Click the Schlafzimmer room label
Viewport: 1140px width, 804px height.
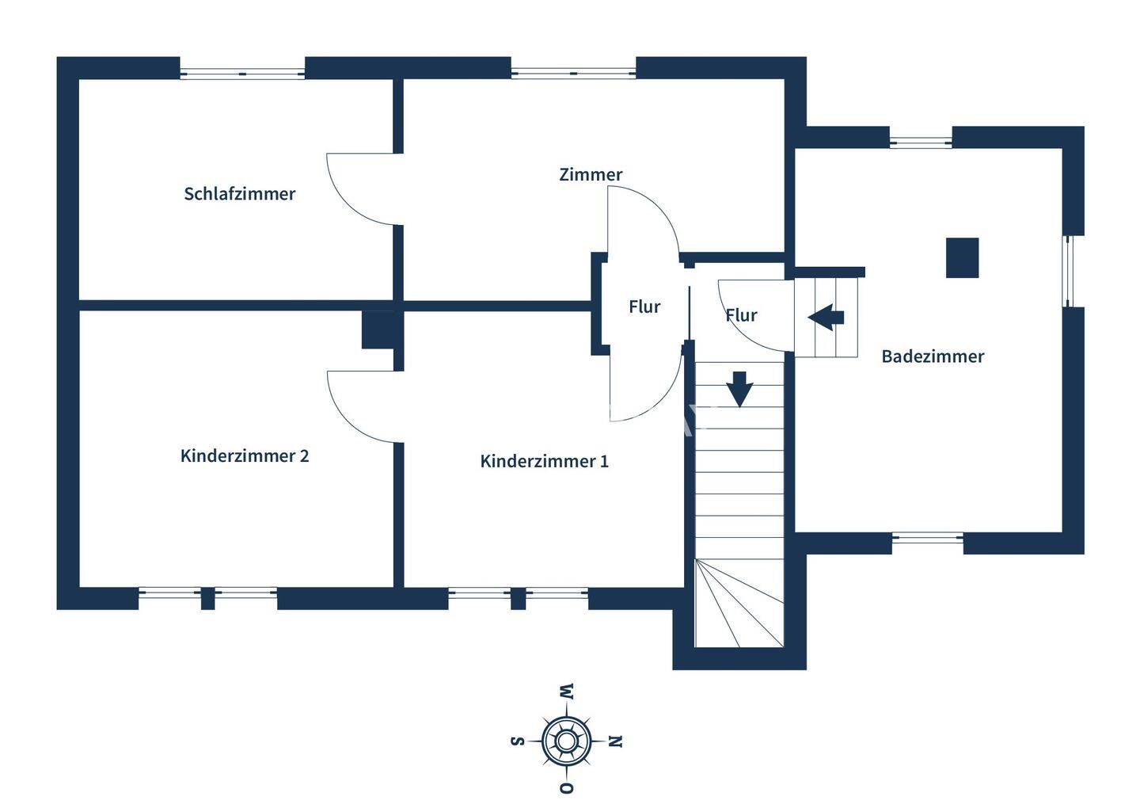239,194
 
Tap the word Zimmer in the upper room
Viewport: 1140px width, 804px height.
591,174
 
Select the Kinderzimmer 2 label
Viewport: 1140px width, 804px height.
245,455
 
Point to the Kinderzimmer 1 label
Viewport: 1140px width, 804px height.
544,461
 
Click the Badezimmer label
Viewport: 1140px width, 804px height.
933,356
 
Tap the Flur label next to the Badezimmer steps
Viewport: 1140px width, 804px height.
741,316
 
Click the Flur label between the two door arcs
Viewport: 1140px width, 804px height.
644,307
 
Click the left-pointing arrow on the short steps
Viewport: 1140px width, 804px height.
826,318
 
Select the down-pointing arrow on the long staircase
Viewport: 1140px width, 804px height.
739,389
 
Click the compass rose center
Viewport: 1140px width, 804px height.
566,741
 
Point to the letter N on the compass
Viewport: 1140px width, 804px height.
616,741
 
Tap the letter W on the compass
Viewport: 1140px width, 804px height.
567,692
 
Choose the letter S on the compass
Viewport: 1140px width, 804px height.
517,741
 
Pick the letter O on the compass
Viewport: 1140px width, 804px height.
567,787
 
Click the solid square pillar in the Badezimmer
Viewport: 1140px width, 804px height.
962,257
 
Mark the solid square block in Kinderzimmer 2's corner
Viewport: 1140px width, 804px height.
378,330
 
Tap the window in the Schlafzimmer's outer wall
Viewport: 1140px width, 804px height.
242,74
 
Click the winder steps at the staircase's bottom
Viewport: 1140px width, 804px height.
739,603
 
